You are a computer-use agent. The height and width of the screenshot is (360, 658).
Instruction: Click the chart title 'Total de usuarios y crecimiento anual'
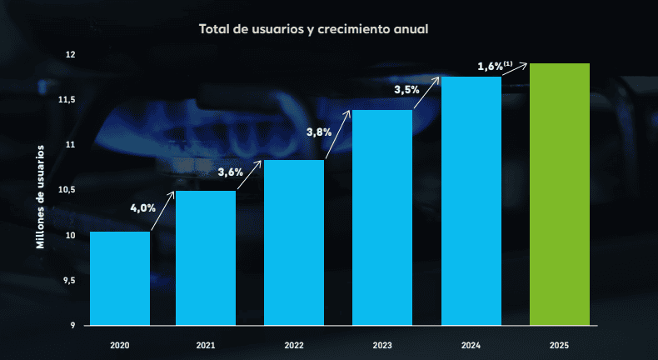[x=313, y=29]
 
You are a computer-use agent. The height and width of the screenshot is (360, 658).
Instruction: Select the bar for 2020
[x=120, y=278]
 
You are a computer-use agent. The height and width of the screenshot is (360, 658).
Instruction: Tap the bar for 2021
[x=206, y=258]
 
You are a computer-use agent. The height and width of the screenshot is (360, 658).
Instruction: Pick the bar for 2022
[x=294, y=242]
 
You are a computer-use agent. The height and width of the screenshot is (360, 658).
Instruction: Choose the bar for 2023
[x=382, y=217]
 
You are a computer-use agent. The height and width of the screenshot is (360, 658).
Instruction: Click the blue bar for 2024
[x=471, y=201]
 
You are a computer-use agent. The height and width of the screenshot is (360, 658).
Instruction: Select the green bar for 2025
[x=560, y=194]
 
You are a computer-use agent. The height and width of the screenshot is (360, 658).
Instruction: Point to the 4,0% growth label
[x=142, y=208]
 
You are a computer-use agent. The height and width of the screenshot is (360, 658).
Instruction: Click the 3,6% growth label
[x=230, y=172]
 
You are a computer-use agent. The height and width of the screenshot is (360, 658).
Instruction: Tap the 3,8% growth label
[x=319, y=132]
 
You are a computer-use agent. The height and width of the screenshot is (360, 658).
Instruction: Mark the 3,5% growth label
[x=406, y=88]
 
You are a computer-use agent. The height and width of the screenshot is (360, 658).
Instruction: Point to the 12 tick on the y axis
[x=70, y=55]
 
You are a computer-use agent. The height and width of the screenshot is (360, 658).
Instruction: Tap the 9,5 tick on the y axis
[x=67, y=280]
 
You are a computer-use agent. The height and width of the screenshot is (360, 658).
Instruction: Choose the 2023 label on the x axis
[x=382, y=344]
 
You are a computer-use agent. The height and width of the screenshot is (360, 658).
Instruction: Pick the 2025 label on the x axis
[x=560, y=344]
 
